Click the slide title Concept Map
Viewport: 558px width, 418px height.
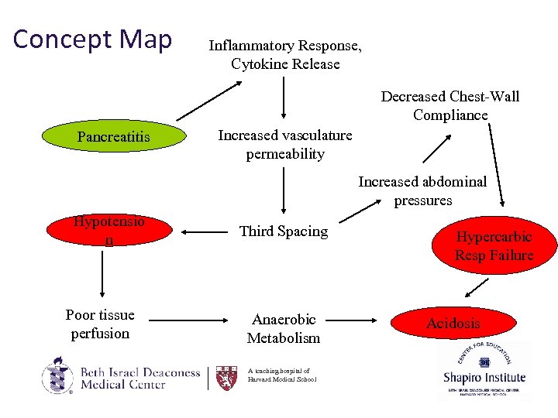pos(92,39)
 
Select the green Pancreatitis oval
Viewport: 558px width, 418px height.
pos(114,137)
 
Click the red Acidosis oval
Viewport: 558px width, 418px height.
pos(453,323)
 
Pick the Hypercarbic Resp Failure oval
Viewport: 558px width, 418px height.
pos(494,246)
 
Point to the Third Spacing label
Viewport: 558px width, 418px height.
pos(284,231)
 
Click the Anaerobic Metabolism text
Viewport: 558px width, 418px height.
pos(284,328)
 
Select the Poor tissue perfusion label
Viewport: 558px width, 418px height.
pos(100,324)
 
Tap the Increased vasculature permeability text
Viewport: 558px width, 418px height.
pos(284,144)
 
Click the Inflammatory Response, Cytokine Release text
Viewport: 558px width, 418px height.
pos(285,55)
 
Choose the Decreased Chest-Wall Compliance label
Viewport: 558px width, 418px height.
pos(450,105)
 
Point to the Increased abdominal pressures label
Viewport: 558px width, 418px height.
pos(422,190)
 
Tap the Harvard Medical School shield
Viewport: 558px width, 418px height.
pos(226,377)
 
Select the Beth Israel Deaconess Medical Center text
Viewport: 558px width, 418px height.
pos(139,378)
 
